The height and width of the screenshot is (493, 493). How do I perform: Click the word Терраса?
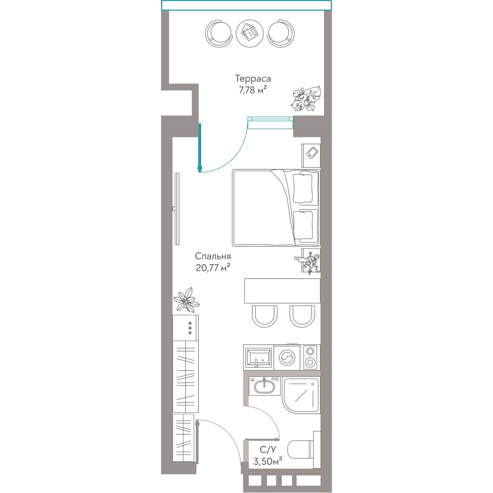[x=253, y=78]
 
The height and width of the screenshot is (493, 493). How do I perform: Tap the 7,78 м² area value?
[x=253, y=90]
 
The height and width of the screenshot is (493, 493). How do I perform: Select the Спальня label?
[x=213, y=256]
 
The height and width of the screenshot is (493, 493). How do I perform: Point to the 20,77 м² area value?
[x=213, y=268]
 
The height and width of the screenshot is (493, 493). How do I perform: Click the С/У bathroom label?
[x=268, y=449]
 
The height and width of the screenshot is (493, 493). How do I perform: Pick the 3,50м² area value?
[x=268, y=461]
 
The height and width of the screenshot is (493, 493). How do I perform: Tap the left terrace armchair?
[x=219, y=34]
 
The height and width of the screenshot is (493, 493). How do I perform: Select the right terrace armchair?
[x=281, y=34]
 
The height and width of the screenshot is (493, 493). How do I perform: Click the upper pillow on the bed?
[x=303, y=188]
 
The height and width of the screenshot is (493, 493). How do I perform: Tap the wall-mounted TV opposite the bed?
[x=177, y=208]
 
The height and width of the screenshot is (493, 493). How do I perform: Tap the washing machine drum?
[x=287, y=357]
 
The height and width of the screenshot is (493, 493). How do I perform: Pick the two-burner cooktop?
[x=311, y=357]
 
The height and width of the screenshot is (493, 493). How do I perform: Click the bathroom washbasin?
[x=264, y=386]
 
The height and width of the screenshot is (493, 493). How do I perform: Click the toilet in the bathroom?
[x=304, y=450]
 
